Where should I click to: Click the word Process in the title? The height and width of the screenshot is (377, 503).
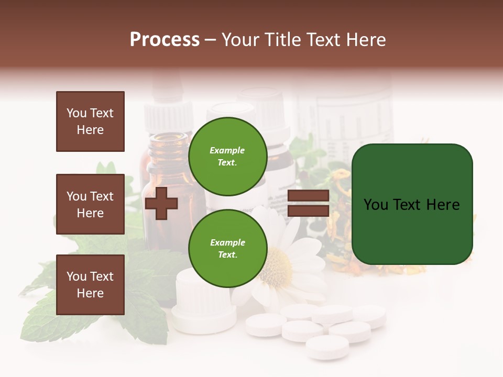click(165, 40)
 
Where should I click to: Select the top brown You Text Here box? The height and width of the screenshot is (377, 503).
click(90, 121)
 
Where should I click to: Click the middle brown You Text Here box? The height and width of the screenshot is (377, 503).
click(90, 204)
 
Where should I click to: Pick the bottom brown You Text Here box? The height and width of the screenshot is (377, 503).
click(90, 285)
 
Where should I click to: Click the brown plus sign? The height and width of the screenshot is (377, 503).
click(161, 204)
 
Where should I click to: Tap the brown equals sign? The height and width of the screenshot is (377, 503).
click(308, 203)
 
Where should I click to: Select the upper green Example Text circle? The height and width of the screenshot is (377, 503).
click(227, 156)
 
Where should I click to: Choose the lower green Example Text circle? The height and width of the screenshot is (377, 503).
click(227, 248)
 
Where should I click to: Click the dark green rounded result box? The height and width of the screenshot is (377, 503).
click(412, 204)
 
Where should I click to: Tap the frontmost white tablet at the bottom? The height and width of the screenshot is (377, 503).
click(327, 347)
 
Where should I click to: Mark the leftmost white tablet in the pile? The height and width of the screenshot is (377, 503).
click(266, 325)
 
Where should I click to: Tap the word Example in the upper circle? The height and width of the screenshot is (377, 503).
click(227, 150)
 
